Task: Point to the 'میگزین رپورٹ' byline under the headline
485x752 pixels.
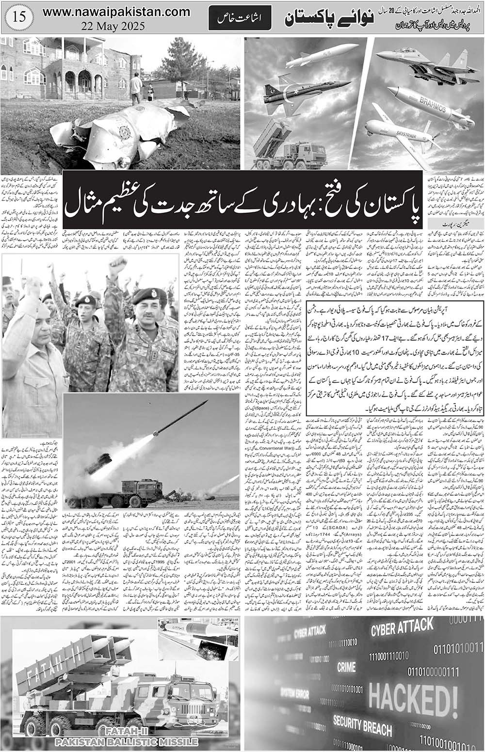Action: pyautogui.click(x=443, y=223)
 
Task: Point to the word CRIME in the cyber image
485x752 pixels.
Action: pyautogui.click(x=346, y=667)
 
